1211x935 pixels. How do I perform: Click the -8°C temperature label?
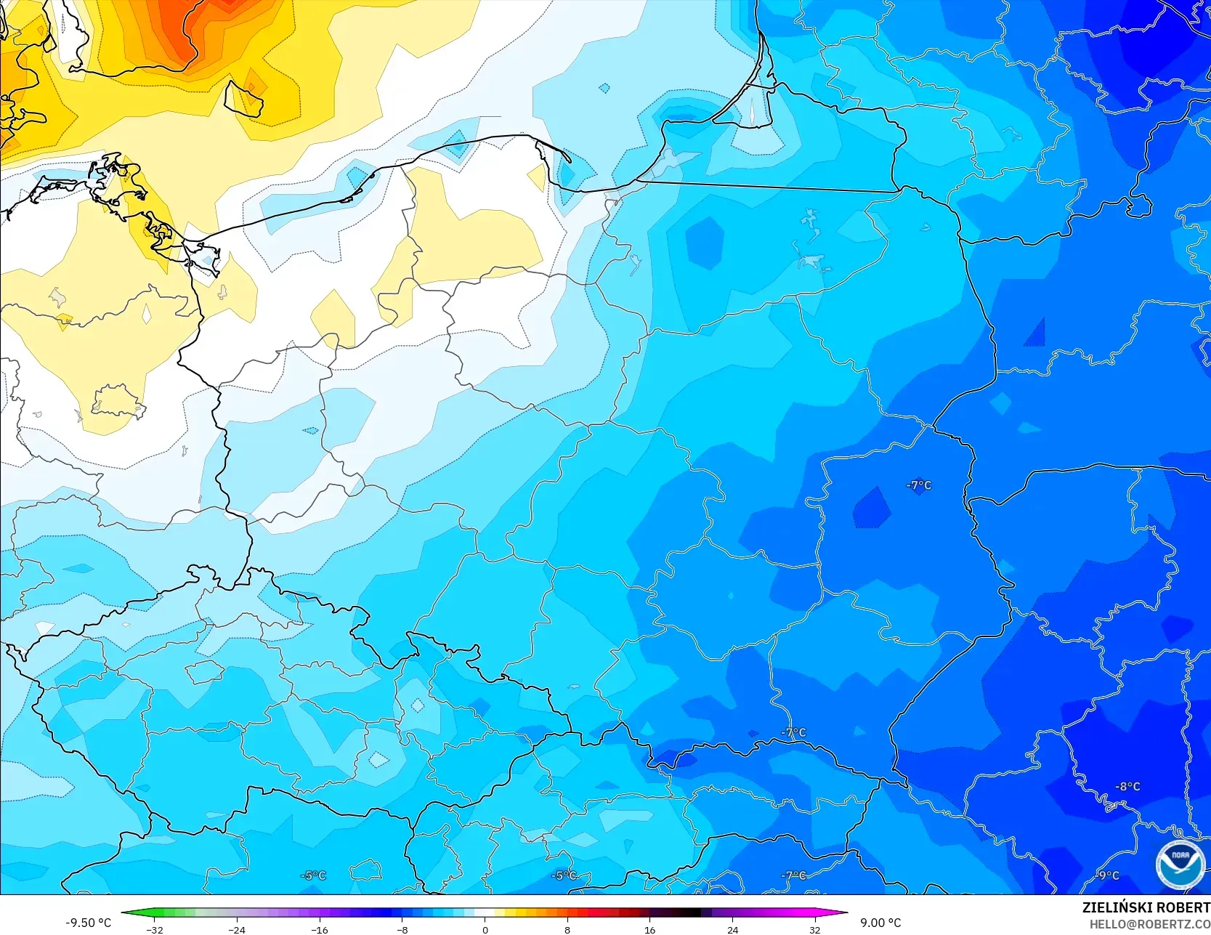point(1127,786)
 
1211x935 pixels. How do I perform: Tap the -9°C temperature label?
point(1108,875)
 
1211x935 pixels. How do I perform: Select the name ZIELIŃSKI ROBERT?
point(1146,907)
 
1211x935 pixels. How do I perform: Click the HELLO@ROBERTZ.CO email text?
point(1149,924)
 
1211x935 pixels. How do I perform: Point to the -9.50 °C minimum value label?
point(88,923)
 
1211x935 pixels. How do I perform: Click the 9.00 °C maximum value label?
point(880,923)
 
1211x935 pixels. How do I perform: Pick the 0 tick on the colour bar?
point(485,929)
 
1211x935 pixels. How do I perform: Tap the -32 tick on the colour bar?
point(154,929)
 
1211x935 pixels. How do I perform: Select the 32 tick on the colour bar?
point(814,929)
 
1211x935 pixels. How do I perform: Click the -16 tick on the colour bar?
point(320,929)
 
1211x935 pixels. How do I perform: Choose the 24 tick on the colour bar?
point(732,929)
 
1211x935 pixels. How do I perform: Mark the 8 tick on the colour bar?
point(567,929)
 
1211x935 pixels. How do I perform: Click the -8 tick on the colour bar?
point(402,929)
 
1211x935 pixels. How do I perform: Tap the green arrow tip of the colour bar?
point(126,912)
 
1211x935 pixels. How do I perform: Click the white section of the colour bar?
point(485,912)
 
